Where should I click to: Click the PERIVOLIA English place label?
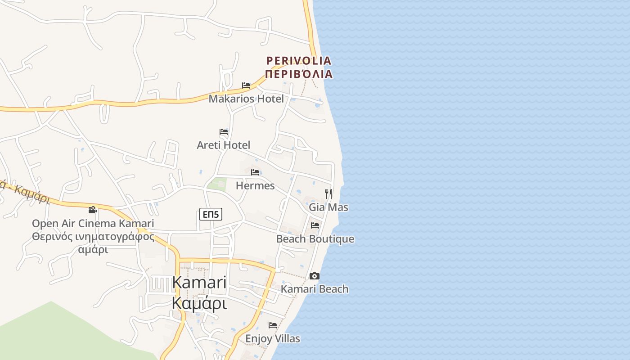tap(298, 60)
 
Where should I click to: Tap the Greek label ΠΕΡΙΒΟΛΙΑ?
tap(298, 74)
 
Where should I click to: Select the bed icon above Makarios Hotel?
tap(246, 85)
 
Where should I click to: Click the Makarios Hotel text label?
tap(246, 99)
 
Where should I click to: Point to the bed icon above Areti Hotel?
tap(224, 132)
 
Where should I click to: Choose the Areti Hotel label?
tap(224, 145)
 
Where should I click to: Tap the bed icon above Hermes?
tap(255, 172)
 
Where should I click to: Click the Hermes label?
tap(255, 185)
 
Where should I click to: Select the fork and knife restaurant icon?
tap(329, 194)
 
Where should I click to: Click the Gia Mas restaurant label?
tap(328, 207)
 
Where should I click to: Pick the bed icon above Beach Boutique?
tap(315, 225)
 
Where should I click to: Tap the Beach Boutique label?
tap(315, 239)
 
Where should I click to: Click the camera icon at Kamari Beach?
tap(315, 276)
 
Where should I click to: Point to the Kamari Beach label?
tap(315, 289)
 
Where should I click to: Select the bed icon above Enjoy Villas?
tap(273, 325)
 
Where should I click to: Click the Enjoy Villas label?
tap(273, 338)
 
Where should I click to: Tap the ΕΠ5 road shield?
tap(211, 215)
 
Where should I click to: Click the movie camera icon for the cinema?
tap(92, 210)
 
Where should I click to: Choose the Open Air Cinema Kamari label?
tap(93, 223)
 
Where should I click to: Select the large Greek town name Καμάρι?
tap(199, 303)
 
